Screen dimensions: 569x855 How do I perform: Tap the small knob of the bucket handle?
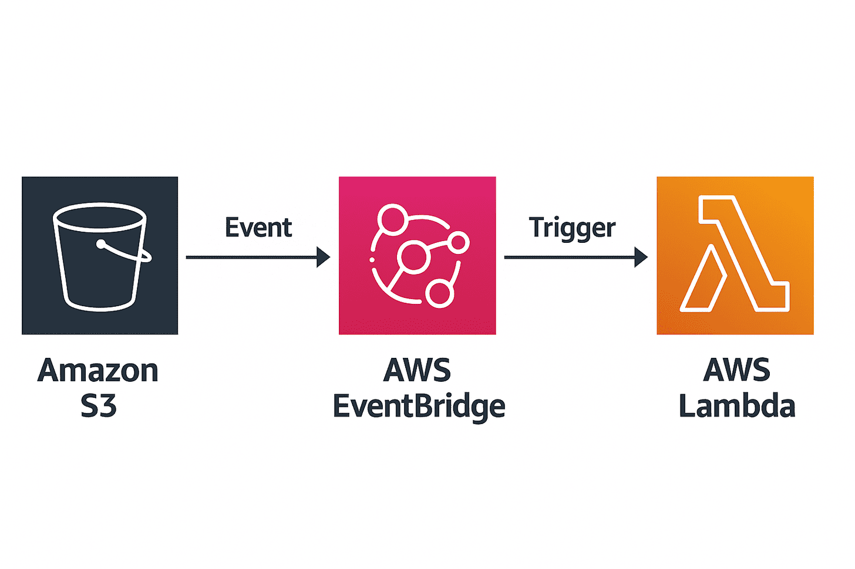pos(102,243)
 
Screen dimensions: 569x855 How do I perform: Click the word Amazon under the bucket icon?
pos(98,371)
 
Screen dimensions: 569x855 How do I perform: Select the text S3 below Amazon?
pos(98,406)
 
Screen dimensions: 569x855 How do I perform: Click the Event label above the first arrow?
pos(258,228)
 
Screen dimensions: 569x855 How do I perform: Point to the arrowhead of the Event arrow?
pos(324,257)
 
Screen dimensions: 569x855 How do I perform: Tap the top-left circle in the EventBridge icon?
pos(392,219)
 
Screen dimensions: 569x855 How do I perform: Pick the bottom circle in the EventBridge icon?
pos(439,293)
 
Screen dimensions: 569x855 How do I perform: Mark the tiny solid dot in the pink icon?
pos(372,259)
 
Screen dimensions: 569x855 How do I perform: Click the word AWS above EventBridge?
pos(417,371)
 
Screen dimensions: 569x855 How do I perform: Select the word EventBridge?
pos(419,407)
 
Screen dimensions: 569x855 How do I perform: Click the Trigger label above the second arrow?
pos(572,228)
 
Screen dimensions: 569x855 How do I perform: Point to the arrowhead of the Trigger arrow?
pos(641,257)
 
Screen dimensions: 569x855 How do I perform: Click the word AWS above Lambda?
pos(736,371)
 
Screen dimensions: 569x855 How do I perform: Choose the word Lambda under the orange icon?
pos(736,407)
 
